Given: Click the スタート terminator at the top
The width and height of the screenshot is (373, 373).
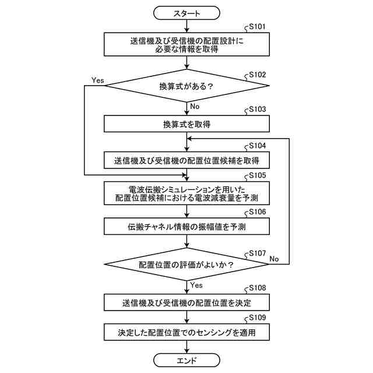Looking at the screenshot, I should [186, 12].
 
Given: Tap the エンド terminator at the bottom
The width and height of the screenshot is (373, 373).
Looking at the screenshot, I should [186, 360].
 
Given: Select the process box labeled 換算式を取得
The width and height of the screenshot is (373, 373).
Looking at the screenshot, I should [186, 125].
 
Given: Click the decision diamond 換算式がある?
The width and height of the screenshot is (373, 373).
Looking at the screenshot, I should [186, 86].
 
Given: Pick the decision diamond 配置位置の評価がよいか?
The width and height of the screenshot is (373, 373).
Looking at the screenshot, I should [186, 265].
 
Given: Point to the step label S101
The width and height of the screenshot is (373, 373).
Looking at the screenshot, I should [257, 27].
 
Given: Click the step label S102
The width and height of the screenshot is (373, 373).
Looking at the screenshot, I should [257, 75].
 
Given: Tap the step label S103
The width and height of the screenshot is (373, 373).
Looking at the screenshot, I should [257, 110].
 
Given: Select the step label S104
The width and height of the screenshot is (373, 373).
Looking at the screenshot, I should [257, 146].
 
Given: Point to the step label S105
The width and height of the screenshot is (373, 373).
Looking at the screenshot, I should [257, 175].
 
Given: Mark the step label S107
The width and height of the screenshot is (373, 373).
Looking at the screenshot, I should [257, 254].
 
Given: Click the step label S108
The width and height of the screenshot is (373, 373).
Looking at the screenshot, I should [257, 288].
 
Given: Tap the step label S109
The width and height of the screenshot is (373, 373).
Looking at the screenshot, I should [257, 318].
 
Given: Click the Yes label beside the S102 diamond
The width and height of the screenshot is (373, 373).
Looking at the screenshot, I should [98, 80].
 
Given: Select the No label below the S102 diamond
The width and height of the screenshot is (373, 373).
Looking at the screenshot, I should [195, 106].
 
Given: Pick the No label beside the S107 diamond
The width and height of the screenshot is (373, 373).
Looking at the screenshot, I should [275, 259].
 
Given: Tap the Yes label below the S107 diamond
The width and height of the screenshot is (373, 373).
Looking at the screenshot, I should [196, 286].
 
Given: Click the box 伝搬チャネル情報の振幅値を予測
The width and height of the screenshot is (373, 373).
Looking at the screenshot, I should [186, 227].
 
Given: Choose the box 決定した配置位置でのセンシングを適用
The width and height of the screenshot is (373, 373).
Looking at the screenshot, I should [186, 333].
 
